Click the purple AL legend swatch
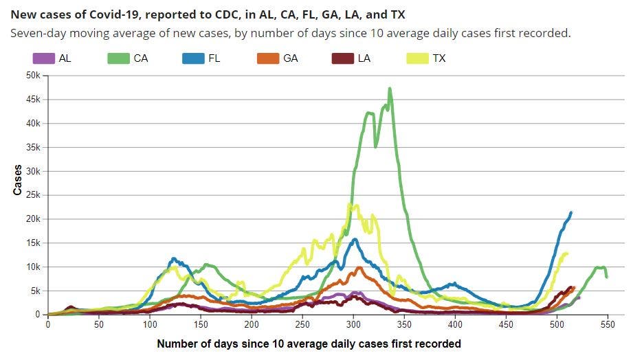[x=43, y=58]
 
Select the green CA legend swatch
[x=118, y=58]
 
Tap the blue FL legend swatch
[x=193, y=58]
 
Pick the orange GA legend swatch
[x=267, y=58]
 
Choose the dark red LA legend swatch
[x=343, y=58]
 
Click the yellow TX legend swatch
[x=417, y=58]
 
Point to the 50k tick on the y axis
[x=33, y=76]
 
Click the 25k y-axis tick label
[x=33, y=195]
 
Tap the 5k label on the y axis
[x=35, y=291]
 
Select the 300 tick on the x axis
[x=353, y=324]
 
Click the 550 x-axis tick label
[x=608, y=324]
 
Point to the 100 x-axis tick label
[x=150, y=324]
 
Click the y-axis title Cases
[x=17, y=180]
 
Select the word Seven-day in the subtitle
[x=38, y=33]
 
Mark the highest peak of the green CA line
[x=390, y=89]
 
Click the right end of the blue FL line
[x=571, y=212]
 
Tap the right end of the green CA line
[x=606, y=277]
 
